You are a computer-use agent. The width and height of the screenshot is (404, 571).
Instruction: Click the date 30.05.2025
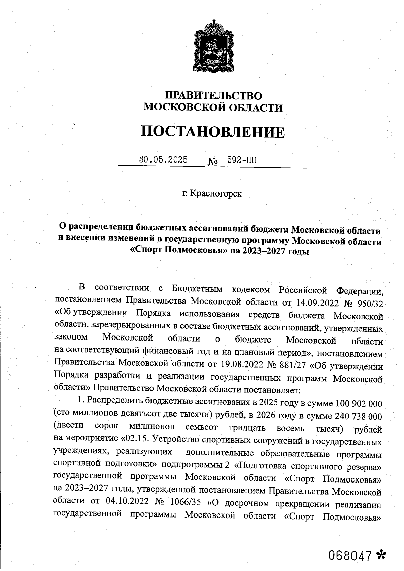pos(164,159)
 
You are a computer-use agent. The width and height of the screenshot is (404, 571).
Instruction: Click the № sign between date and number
pos(212,163)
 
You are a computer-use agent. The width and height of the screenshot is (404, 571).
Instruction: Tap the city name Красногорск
pos(216,194)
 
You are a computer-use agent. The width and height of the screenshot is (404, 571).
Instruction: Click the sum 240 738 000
pos(358,416)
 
